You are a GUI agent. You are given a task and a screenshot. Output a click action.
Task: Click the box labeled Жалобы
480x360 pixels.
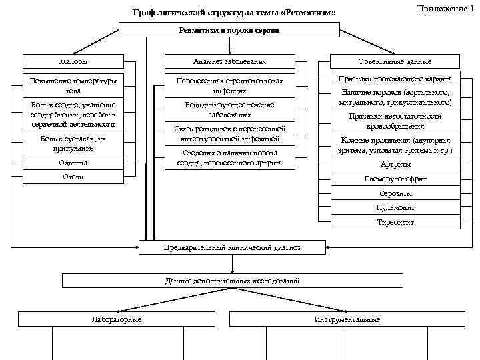[73, 61]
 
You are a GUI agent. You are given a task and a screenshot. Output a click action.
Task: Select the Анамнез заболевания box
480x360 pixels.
[229, 61]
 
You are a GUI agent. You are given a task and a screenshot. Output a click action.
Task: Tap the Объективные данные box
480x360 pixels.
[395, 61]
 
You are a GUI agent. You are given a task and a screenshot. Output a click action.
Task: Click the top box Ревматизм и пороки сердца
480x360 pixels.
[229, 30]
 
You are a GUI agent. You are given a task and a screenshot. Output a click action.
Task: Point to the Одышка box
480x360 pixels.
[73, 163]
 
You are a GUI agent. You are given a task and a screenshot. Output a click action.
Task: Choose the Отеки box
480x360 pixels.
[73, 176]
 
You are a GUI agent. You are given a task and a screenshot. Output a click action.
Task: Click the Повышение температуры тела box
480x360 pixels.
[73, 86]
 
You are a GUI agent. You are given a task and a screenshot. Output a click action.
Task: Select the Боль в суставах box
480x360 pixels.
[73, 143]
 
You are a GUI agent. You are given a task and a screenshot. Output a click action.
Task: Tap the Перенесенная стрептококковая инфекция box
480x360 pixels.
[229, 85]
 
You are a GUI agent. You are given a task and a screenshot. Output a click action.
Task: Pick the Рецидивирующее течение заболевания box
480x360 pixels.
[229, 109]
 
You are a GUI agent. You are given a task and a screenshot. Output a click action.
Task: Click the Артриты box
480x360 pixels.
[395, 165]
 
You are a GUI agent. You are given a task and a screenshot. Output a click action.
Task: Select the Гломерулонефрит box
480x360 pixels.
[395, 179]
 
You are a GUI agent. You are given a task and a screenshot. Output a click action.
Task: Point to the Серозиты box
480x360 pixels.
[395, 193]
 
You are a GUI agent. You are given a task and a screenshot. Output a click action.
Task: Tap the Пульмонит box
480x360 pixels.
[395, 207]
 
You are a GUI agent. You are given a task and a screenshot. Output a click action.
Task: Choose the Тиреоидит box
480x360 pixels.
[395, 221]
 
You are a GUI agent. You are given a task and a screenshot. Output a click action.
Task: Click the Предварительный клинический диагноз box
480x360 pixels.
[231, 247]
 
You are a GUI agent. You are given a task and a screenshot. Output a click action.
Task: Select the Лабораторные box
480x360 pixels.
[116, 319]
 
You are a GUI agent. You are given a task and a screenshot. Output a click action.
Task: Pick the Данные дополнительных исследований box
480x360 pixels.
[231, 281]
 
